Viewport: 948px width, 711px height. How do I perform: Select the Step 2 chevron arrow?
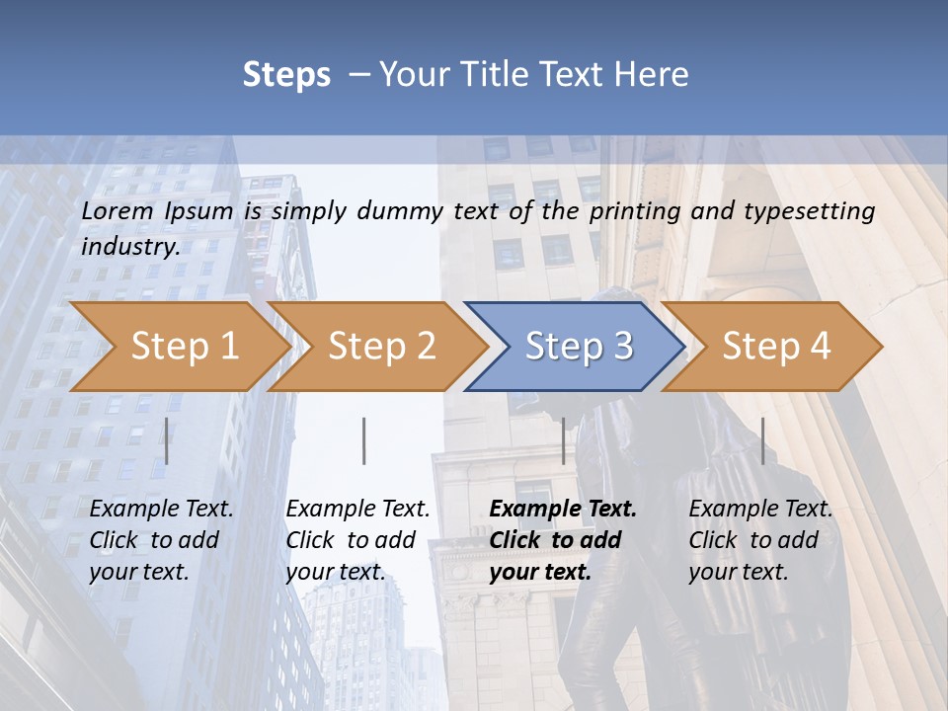(381, 347)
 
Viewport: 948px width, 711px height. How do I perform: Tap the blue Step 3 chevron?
(579, 347)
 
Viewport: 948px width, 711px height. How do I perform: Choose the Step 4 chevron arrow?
(776, 347)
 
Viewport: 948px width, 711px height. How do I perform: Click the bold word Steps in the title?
(286, 75)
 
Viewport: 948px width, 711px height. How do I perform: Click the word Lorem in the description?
(118, 211)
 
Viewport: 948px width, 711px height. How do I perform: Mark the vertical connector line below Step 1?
(167, 440)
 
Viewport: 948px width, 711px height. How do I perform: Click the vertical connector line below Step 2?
(364, 440)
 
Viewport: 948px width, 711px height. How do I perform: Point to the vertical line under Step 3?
(563, 440)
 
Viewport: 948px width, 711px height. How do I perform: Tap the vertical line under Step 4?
(762, 440)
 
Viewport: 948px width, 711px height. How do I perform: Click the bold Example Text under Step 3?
(563, 510)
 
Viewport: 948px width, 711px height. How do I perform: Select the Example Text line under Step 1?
(162, 510)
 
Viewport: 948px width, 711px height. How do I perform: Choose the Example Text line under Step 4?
(760, 510)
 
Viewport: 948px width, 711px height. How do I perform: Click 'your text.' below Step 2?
(335, 572)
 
